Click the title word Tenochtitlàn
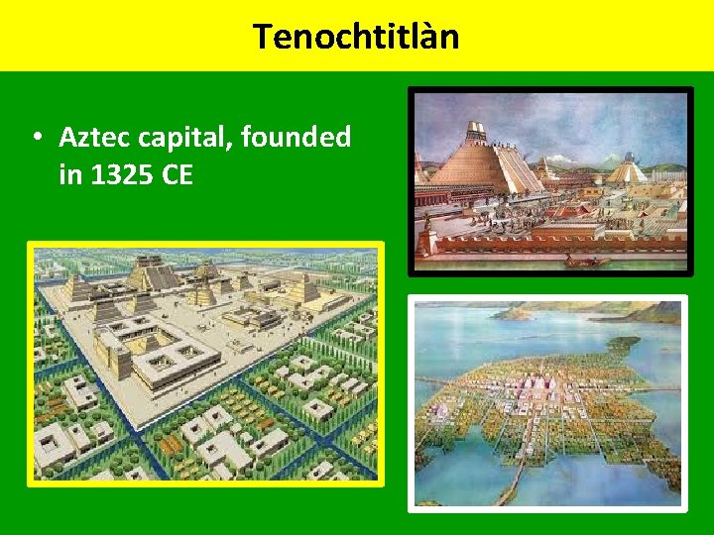coord(356,37)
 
